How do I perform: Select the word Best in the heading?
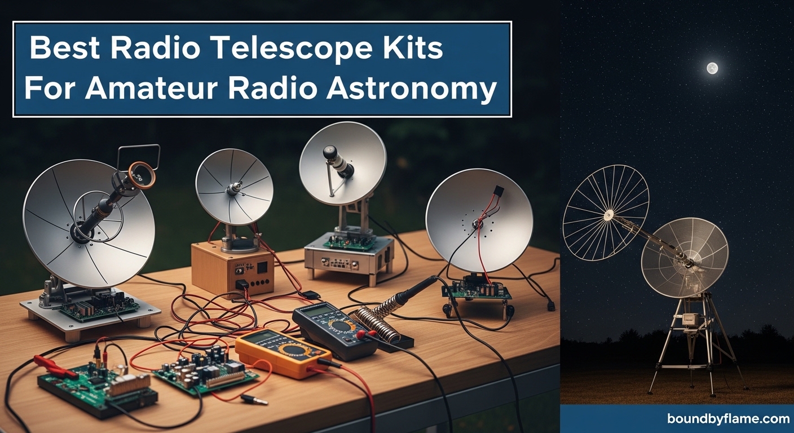(66, 49)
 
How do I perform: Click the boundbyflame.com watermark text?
(728, 419)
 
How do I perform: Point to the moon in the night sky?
(712, 68)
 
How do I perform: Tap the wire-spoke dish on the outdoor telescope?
(606, 212)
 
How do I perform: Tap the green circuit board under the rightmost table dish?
(477, 289)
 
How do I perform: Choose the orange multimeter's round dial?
(294, 350)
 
